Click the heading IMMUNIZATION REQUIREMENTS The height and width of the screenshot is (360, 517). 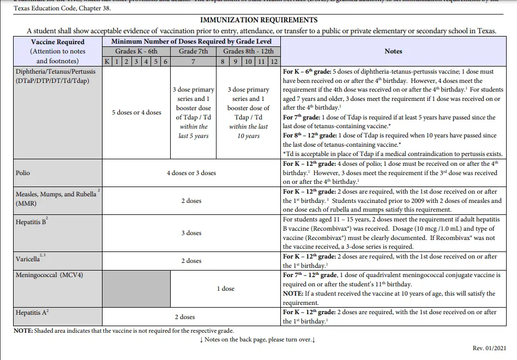[258, 20]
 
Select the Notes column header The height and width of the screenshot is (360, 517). [393, 51]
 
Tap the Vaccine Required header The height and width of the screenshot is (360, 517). [58, 42]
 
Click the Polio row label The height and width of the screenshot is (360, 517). [23, 173]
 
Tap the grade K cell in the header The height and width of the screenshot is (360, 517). [107, 62]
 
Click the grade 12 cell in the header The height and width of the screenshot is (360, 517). [274, 62]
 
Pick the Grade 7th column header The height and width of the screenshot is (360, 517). [193, 51]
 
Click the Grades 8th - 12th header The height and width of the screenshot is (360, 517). [248, 51]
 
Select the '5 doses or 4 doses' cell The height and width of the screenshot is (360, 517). [136, 112]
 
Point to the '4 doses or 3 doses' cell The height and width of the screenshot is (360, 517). [191, 173]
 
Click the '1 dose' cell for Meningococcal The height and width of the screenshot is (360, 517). [225, 289]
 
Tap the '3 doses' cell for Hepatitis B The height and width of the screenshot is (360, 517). [191, 233]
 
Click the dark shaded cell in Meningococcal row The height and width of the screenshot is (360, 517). [136, 289]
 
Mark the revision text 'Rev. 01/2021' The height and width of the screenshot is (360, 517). [490, 348]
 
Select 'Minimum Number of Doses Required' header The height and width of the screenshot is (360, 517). [191, 41]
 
